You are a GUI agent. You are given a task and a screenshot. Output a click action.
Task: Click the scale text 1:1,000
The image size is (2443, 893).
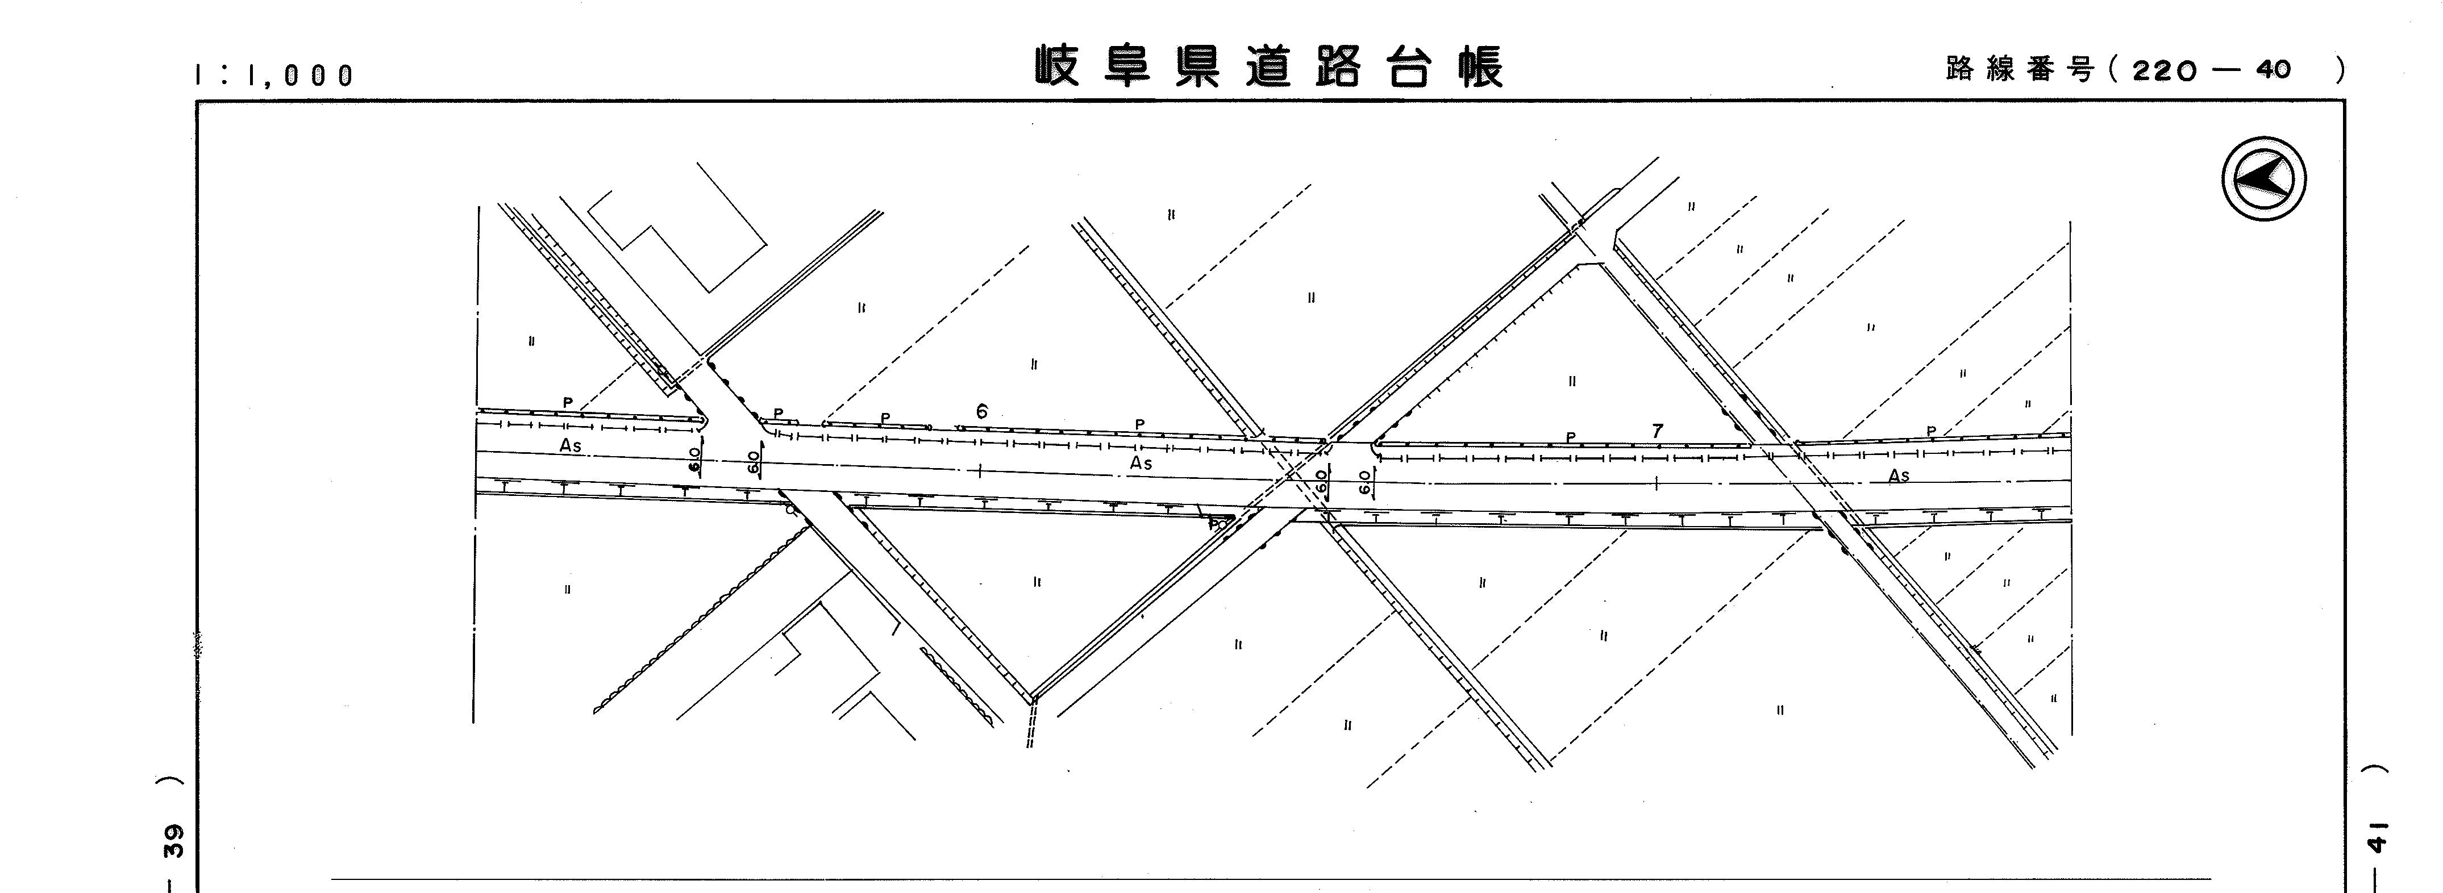(274, 75)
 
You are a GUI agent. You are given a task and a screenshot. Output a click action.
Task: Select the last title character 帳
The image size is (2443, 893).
(1480, 66)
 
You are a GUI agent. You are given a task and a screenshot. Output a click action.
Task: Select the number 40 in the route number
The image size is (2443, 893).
(2273, 69)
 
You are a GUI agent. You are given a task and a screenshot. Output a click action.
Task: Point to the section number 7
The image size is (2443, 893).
(1657, 431)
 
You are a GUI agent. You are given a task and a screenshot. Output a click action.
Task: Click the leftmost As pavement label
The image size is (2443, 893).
(570, 445)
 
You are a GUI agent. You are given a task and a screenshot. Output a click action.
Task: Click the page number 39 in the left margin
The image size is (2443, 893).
(173, 841)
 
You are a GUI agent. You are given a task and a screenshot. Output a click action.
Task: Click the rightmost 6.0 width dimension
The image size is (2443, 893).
(1364, 482)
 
